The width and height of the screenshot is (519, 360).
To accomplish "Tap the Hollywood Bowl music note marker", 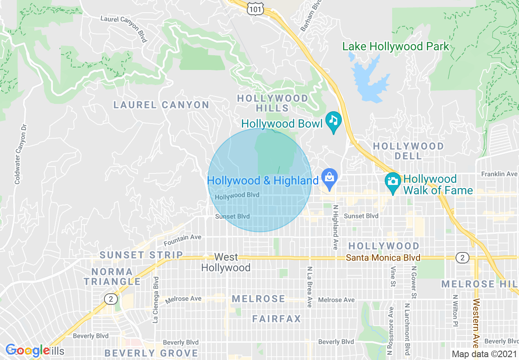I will (x=334, y=121).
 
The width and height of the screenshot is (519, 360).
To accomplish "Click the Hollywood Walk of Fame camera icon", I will (x=393, y=180).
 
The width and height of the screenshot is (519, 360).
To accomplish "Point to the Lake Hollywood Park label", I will (x=395, y=47).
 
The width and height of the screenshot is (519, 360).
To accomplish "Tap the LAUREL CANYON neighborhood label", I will (x=161, y=105).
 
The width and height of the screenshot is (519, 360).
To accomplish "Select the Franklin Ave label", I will (x=499, y=174).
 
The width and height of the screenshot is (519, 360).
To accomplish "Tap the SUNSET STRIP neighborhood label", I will (x=141, y=255).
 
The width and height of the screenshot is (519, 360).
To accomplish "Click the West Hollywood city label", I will (x=226, y=262).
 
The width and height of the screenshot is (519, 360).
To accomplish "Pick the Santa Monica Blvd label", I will (x=383, y=258).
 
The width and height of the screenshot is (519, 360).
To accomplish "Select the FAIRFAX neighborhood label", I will (x=277, y=319).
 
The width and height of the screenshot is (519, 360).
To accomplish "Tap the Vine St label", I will (x=393, y=277).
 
